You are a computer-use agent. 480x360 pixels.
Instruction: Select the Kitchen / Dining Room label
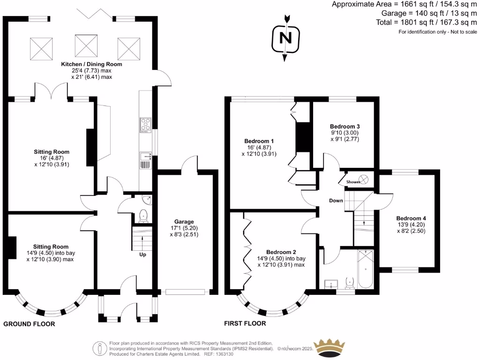pyautogui.click(x=91, y=64)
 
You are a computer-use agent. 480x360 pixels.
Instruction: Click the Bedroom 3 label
pyautogui.click(x=345, y=127)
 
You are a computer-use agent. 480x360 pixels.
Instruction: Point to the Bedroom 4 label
pyautogui.click(x=411, y=218)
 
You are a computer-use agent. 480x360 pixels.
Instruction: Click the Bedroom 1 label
pyautogui.click(x=259, y=141)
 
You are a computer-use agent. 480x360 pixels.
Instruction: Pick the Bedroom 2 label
pyautogui.click(x=281, y=252)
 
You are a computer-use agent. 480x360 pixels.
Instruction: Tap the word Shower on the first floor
pyautogui.click(x=353, y=182)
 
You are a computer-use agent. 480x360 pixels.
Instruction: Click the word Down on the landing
pyautogui.click(x=336, y=201)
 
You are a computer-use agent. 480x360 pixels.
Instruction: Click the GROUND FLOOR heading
pyautogui.click(x=29, y=324)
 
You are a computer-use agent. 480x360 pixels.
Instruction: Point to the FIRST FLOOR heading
pyautogui.click(x=245, y=323)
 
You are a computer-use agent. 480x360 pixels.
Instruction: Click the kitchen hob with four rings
pyautogui.click(x=145, y=124)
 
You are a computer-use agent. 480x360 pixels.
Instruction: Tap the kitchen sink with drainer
pyautogui.click(x=144, y=160)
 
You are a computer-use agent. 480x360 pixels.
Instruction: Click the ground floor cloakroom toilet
pyautogui.click(x=143, y=215)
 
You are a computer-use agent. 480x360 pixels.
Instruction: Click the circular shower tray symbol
pyautogui.click(x=366, y=180)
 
